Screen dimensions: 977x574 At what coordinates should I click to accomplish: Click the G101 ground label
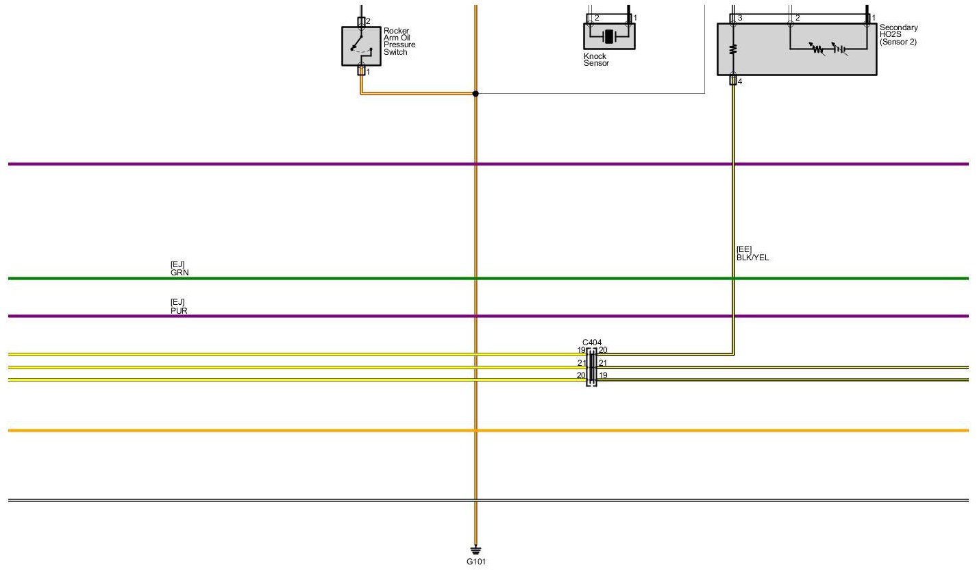click(x=475, y=562)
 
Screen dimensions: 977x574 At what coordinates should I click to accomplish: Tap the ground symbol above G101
click(x=475, y=550)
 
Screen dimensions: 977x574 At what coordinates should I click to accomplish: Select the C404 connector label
click(x=591, y=342)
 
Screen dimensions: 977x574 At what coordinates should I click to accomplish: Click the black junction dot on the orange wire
click(x=475, y=93)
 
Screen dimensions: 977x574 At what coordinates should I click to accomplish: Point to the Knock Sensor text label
click(x=596, y=60)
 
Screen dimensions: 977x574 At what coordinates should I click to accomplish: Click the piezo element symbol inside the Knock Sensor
click(x=609, y=36)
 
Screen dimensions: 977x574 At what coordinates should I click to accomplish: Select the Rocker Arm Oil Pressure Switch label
click(x=399, y=42)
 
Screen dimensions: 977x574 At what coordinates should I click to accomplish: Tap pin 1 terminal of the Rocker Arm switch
click(x=362, y=71)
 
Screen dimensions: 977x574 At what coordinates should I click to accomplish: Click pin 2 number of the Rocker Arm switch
click(x=368, y=22)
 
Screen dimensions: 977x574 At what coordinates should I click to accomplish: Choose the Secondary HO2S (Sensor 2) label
click(x=898, y=35)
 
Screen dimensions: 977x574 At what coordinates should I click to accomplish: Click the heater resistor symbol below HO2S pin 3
click(x=733, y=49)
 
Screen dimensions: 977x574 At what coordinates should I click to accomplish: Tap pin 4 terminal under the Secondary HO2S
click(x=733, y=82)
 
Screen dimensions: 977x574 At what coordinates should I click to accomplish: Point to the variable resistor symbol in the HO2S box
click(x=817, y=49)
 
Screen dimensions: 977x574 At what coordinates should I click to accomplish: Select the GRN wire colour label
click(x=180, y=272)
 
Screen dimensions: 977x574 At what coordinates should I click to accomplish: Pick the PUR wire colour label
click(x=179, y=310)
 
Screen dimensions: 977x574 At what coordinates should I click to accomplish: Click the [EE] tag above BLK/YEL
click(x=744, y=249)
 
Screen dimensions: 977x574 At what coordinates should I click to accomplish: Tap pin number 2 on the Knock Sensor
click(x=597, y=18)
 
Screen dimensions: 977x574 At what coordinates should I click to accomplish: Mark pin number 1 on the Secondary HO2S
click(x=874, y=18)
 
